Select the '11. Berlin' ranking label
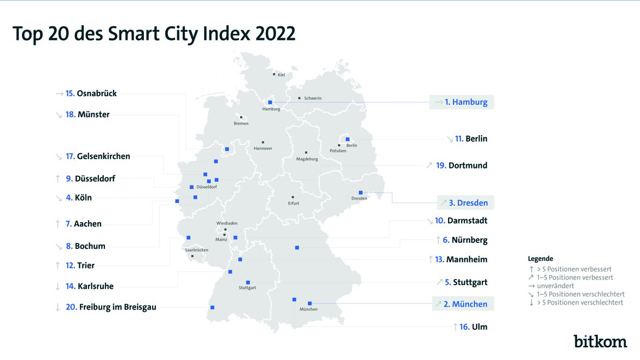(x=470, y=139)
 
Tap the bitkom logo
(x=600, y=341)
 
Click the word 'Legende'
(x=540, y=258)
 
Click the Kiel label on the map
(x=281, y=75)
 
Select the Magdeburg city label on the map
(x=307, y=159)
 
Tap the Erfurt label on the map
(x=293, y=203)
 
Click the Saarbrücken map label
(x=196, y=250)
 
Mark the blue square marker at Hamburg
(x=270, y=102)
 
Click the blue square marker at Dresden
(x=360, y=193)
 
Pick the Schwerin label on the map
(x=312, y=98)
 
